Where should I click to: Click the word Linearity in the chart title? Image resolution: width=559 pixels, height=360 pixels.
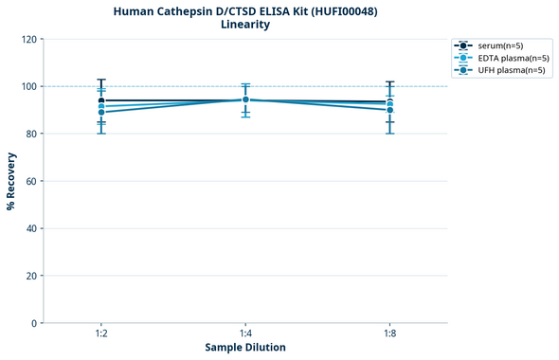[x=244, y=25]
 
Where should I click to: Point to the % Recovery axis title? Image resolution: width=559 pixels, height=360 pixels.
[x=11, y=181]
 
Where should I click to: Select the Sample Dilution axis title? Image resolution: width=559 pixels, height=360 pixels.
[x=244, y=348]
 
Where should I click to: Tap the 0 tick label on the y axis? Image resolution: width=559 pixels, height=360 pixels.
[x=33, y=323]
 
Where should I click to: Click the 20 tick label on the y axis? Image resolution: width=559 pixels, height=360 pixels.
[x=30, y=276]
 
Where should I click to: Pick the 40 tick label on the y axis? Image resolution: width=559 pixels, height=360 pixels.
[x=30, y=228]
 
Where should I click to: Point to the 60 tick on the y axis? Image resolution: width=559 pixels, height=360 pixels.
[x=30, y=181]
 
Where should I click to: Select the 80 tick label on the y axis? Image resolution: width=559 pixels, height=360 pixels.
[x=30, y=134]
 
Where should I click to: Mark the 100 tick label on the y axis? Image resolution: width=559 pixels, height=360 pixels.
[x=27, y=86]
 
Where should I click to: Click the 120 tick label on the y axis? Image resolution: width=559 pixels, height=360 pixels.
[x=27, y=39]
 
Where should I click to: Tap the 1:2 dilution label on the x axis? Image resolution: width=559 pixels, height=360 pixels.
[x=101, y=333]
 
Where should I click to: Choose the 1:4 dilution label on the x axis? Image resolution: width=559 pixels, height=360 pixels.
[x=245, y=333]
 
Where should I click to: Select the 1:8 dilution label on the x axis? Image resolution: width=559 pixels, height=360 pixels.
[x=389, y=333]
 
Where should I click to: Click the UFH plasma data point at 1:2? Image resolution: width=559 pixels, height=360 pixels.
[x=101, y=113]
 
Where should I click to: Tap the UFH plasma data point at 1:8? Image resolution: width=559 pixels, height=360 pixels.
[x=389, y=110]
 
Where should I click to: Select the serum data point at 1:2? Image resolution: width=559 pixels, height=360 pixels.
[x=101, y=100]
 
